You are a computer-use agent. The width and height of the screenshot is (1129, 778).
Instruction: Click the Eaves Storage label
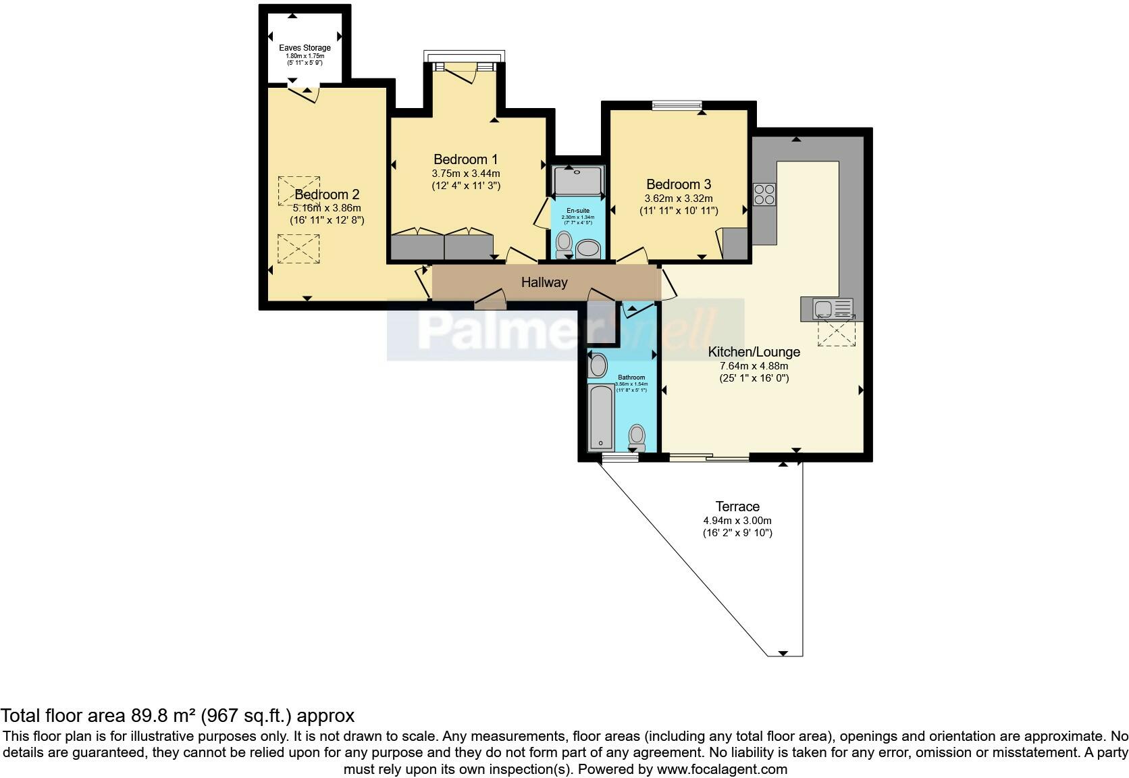[305, 48]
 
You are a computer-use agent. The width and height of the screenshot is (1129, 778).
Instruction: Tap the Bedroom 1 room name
[465, 159]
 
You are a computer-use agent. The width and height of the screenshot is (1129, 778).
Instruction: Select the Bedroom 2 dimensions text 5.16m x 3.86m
[327, 208]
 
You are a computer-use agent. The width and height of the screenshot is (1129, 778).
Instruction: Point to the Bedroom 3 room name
[679, 184]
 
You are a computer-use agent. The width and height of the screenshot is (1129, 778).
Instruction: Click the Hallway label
[544, 282]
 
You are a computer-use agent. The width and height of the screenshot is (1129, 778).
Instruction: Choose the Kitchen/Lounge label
[754, 352]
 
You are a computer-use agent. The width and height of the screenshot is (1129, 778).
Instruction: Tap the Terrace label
[737, 507]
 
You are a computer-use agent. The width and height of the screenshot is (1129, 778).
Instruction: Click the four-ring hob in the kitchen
[764, 194]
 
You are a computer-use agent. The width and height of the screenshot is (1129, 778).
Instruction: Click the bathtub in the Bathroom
[600, 417]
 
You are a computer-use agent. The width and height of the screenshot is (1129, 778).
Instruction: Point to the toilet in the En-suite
[564, 242]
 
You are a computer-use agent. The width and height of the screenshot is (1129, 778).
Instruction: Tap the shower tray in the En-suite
[577, 181]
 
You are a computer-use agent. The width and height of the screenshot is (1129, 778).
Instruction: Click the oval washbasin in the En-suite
[589, 249]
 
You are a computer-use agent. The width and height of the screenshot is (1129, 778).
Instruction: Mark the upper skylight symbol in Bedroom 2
[298, 190]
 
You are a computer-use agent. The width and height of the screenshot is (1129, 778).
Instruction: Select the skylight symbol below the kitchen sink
[837, 333]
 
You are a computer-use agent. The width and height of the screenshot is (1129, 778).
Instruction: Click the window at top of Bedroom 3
[677, 105]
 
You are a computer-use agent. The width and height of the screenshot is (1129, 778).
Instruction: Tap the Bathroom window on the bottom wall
[620, 458]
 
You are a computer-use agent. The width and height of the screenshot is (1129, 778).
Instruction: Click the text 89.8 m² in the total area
[160, 715]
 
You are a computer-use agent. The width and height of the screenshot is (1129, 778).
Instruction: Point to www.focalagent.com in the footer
[721, 769]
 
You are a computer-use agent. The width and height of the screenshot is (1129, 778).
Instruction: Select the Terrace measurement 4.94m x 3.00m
[737, 521]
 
